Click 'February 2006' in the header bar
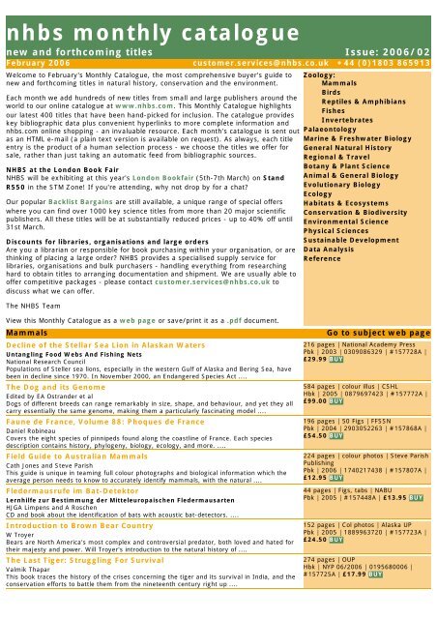(38, 60)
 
